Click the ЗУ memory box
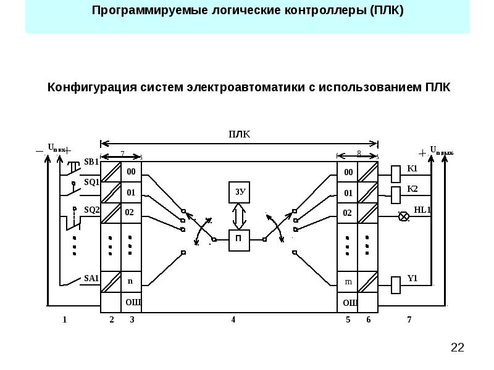coord(240,192)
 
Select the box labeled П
coord(239,240)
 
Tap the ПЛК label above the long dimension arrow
coord(240,134)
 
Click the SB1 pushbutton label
coord(91,162)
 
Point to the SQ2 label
coord(91,210)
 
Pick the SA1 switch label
coord(91,278)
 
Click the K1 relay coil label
coord(412,168)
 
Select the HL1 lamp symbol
coord(404,216)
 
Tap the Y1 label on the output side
coord(412,279)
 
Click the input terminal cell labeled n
coord(130,281)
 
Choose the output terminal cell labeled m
coord(348,282)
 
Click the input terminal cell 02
coord(130,213)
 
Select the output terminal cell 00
coord(348,172)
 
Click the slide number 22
coord(458,348)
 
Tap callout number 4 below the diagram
coord(233,319)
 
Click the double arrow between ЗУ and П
coord(239,216)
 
